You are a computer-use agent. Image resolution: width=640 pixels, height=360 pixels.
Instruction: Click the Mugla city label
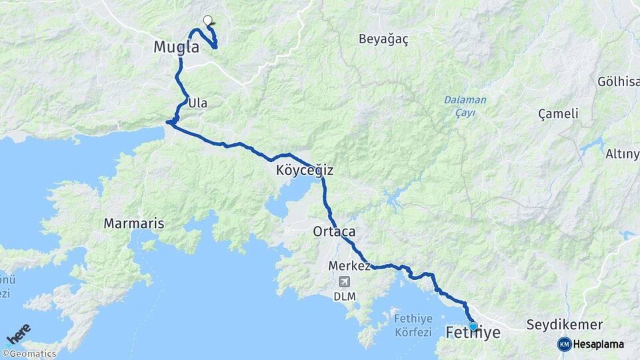tap(176, 47)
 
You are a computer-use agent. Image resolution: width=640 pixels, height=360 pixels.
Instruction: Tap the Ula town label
tap(198, 103)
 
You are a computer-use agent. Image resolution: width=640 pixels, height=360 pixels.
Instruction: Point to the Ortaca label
tap(334, 232)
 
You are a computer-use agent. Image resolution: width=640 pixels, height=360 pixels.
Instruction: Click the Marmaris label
tap(133, 223)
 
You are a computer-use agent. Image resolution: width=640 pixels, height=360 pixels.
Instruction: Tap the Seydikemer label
tap(565, 325)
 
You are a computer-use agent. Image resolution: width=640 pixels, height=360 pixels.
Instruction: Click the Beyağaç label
tap(383, 39)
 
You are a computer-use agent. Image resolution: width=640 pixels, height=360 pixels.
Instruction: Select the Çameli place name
tap(558, 113)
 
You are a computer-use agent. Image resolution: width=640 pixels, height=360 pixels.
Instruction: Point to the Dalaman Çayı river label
tap(465, 106)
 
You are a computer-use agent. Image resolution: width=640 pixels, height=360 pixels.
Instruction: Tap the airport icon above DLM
tap(344, 281)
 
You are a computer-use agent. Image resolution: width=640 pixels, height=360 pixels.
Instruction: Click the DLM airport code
tap(344, 295)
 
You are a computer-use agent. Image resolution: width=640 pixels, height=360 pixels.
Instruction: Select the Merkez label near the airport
tap(349, 265)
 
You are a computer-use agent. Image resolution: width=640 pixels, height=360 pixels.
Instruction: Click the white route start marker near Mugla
tap(207, 20)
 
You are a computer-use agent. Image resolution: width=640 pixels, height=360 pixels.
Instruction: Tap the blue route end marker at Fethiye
tap(473, 326)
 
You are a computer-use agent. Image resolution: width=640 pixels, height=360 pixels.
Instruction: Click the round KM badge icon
tap(564, 344)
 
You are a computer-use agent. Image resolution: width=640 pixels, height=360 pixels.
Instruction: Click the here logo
tap(19, 333)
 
